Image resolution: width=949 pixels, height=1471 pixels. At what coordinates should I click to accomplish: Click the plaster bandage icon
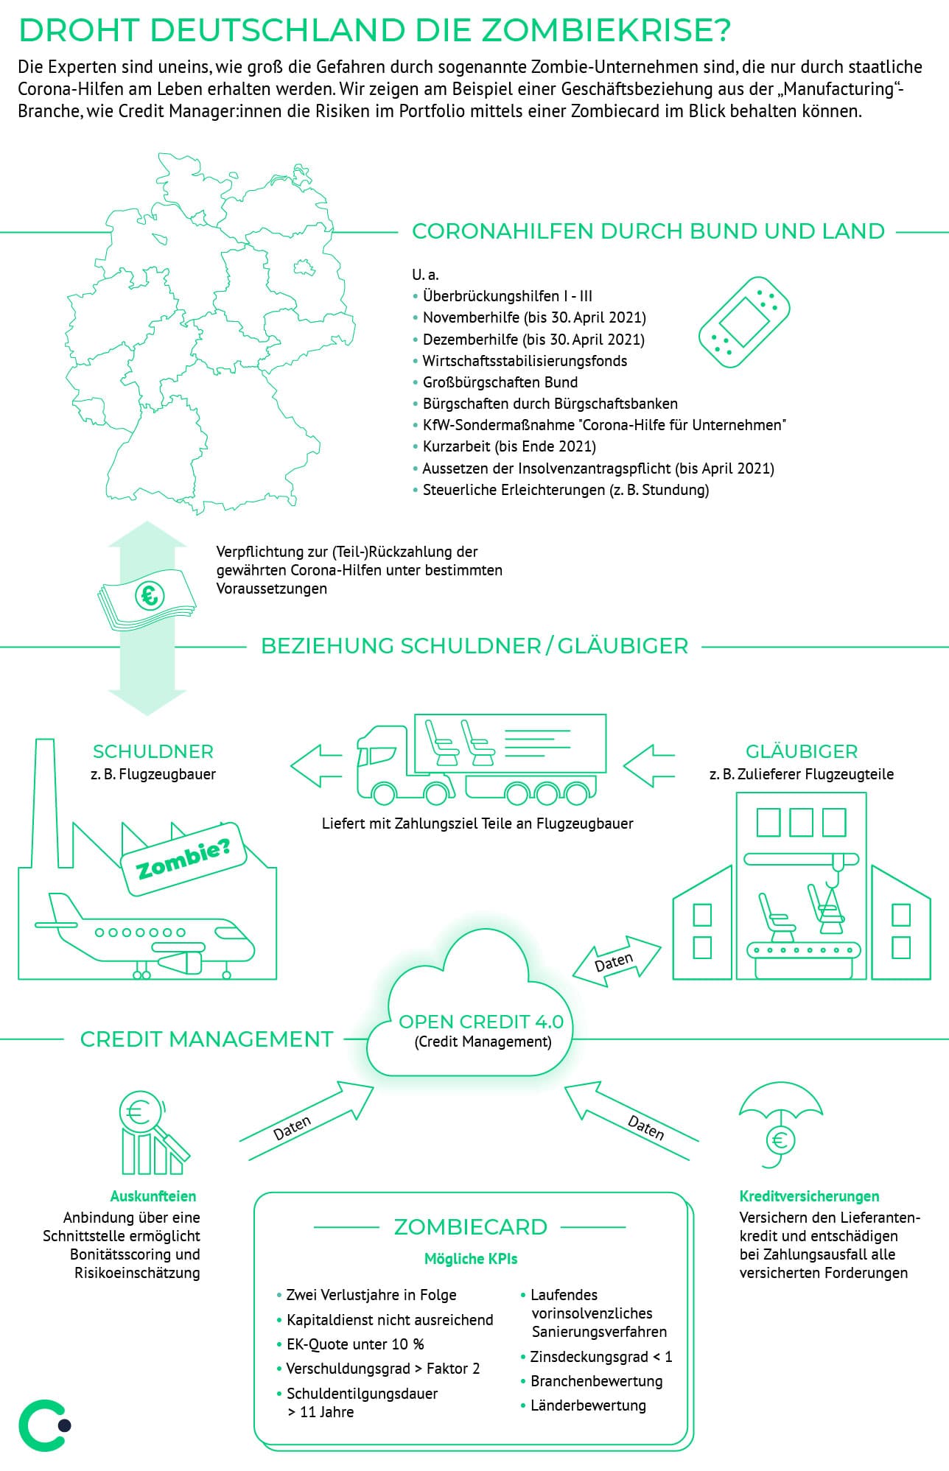pos(744,322)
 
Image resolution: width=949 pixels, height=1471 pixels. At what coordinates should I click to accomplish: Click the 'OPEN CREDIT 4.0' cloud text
pos(480,1022)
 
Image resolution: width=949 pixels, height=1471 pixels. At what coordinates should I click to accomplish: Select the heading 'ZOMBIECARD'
pos(470,1227)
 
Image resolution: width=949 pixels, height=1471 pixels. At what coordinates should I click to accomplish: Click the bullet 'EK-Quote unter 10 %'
pos(355,1344)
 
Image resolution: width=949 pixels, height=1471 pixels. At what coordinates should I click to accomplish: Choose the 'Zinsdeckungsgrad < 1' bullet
pos(600,1357)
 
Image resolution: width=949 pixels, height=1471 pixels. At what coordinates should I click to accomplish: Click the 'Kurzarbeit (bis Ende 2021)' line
pos(509,446)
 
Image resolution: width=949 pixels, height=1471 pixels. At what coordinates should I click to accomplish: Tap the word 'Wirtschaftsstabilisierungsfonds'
pos(525,361)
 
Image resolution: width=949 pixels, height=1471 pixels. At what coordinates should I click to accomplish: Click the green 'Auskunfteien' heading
pos(153,1196)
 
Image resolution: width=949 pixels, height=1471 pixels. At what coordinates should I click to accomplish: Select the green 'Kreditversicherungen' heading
pos(809,1196)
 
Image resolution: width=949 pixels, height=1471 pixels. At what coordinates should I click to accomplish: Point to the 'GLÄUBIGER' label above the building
pos(802,751)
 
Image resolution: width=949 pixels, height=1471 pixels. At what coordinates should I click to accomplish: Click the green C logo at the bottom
pos(43,1425)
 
